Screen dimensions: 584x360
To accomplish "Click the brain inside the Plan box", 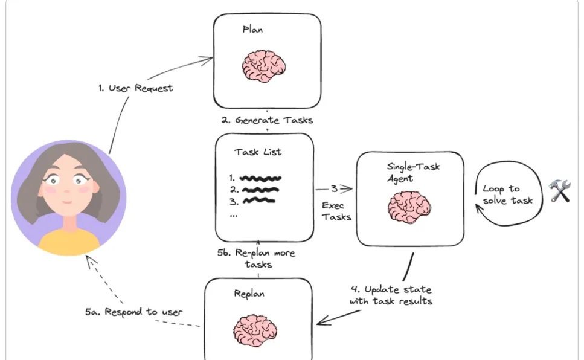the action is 264,66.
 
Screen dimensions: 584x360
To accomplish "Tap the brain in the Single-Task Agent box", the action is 409,207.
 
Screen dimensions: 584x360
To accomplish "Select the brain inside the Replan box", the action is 255,330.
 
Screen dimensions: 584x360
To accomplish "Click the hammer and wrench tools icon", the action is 560,190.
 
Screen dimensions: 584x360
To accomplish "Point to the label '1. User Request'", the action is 135,88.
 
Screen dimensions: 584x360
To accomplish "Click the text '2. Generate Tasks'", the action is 267,120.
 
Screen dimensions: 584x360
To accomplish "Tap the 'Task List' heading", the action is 258,152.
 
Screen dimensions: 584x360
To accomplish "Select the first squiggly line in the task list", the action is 260,178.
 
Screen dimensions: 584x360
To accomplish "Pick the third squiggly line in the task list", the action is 259,201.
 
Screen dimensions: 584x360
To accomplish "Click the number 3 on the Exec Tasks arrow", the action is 334,189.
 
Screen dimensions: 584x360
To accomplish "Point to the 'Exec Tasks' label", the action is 336,211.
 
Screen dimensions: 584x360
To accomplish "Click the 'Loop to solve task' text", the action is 508,194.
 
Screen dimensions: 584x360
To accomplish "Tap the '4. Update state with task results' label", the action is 391,295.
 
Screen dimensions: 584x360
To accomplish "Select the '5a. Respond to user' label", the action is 133,312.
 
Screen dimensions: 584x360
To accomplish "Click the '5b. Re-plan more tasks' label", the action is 256,259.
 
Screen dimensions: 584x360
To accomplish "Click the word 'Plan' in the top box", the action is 252,30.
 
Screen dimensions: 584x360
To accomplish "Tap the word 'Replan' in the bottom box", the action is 249,294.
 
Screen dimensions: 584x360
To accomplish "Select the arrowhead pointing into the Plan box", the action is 207,60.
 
